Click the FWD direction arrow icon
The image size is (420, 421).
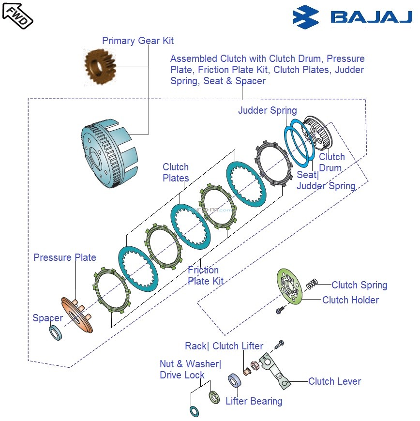(x=17, y=14)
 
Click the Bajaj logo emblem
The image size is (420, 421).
(x=306, y=17)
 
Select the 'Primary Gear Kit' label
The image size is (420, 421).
(x=138, y=41)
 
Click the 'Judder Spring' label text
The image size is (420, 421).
(x=267, y=110)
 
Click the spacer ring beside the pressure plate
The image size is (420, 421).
(x=55, y=332)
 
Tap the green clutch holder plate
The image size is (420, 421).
(x=290, y=287)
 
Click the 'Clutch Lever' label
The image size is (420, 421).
(x=334, y=381)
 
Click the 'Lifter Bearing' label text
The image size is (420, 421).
(x=254, y=401)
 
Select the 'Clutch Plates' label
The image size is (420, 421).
(x=176, y=173)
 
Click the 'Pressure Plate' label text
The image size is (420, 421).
(x=65, y=257)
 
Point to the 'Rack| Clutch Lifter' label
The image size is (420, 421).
(x=224, y=346)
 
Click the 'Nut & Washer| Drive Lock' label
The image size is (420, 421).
(x=190, y=369)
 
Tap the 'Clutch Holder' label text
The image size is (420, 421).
(x=350, y=300)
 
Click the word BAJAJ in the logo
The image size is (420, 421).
(x=371, y=18)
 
